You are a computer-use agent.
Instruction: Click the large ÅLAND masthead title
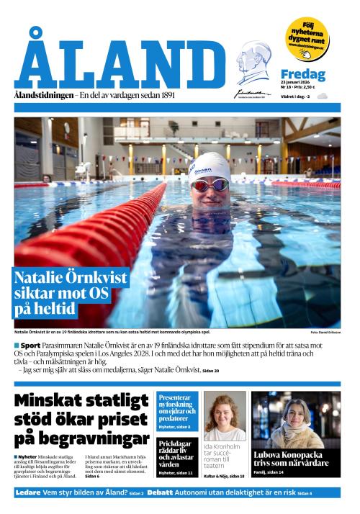119,66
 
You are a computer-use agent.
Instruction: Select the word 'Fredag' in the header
302,74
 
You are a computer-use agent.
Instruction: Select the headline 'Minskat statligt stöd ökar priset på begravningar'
81,420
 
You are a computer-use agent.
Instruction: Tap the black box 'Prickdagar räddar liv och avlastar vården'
177,456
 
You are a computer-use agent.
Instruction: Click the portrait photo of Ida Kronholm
224,416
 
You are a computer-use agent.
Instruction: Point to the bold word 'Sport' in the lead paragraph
30,346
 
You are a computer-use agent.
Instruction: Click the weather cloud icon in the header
322,96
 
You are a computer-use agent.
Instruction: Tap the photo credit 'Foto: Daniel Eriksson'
325,332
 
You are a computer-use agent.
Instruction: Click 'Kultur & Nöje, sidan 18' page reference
224,476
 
